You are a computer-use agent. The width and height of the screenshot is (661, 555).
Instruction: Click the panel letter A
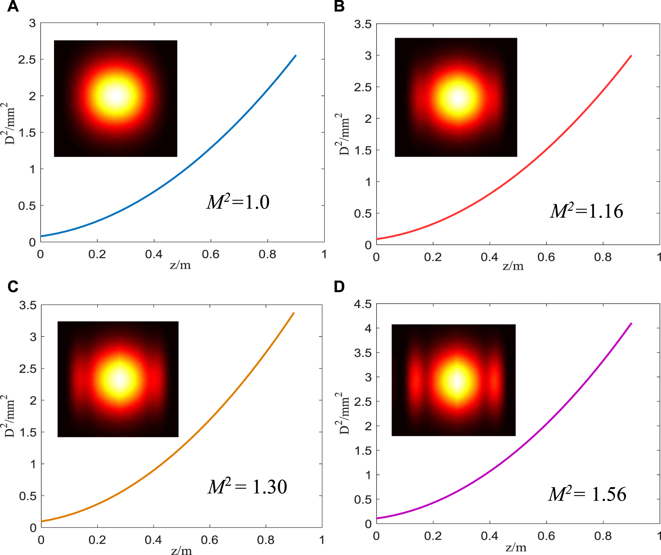click(x=13, y=7)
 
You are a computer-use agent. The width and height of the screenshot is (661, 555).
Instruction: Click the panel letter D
click(x=339, y=287)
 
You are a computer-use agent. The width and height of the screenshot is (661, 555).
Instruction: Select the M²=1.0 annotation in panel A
click(x=238, y=202)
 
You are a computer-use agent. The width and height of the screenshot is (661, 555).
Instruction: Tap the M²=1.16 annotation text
click(x=586, y=211)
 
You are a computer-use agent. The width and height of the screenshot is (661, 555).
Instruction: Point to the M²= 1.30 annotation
click(x=247, y=486)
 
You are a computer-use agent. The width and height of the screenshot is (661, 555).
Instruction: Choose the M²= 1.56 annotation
click(x=587, y=494)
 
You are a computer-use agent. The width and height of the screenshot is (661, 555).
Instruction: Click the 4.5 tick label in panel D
click(x=363, y=304)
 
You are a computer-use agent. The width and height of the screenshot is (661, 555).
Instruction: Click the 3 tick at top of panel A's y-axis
click(x=32, y=23)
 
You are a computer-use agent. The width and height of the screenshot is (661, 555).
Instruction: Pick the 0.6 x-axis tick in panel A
click(x=211, y=254)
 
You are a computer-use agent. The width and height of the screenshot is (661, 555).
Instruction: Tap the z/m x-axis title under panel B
click(x=513, y=266)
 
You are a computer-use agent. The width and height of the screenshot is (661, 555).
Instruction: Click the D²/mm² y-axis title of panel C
click(x=10, y=416)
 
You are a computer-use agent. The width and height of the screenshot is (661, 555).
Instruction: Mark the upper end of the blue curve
click(x=296, y=55)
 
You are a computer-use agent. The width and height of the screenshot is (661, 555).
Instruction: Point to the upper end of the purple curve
click(x=631, y=323)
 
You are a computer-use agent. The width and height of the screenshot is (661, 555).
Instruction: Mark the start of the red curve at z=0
click(x=377, y=239)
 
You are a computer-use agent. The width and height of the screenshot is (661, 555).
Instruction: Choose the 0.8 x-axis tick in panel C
click(x=266, y=540)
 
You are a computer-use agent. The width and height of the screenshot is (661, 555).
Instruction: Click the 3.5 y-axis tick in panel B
click(x=363, y=24)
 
